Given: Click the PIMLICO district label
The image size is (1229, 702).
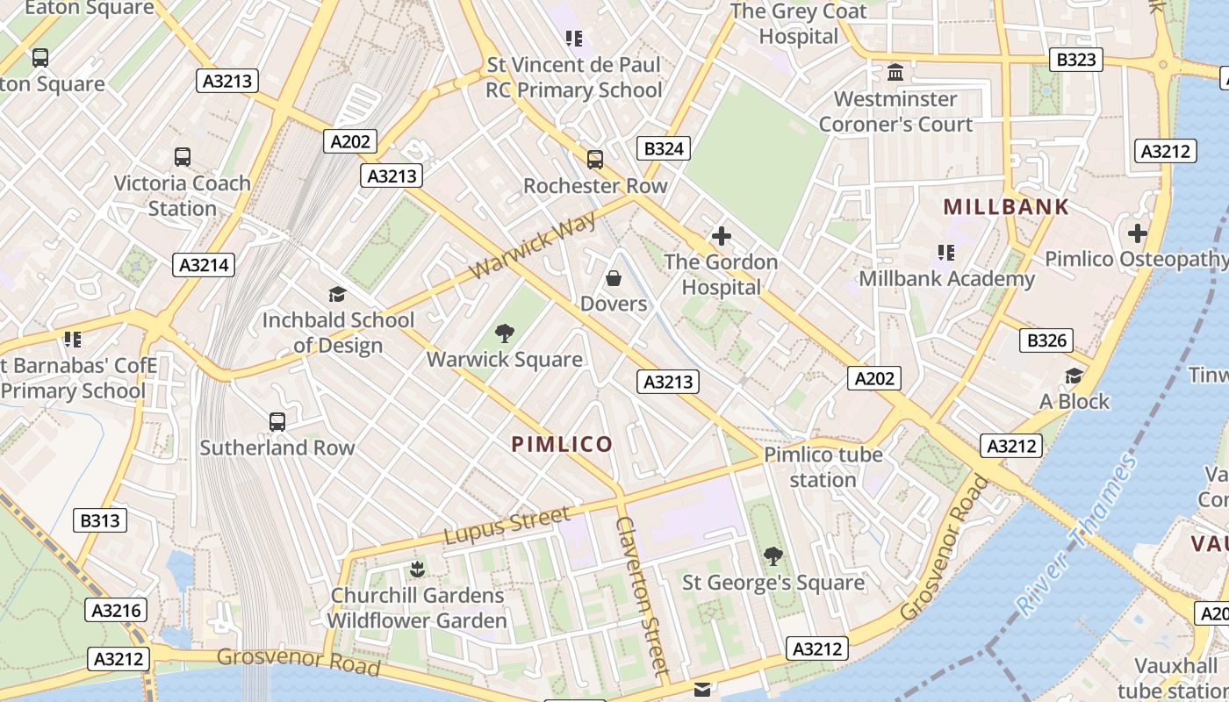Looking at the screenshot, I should click(562, 444).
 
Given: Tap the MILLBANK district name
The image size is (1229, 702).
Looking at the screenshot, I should click(1006, 207).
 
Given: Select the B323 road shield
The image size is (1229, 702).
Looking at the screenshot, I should click(1075, 59).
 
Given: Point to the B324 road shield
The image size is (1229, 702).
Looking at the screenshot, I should click(664, 148).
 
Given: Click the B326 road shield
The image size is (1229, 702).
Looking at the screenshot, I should click(1046, 340).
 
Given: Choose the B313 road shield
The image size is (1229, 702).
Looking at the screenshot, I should click(99, 520).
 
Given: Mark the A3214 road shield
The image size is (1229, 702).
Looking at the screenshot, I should click(204, 265).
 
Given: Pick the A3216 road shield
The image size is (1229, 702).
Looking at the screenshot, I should click(116, 611).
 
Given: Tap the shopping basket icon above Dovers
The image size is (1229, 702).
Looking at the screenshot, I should click(614, 279).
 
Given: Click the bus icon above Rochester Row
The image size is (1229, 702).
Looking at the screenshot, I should click(595, 160).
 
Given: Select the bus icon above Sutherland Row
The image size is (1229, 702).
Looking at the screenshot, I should click(277, 422).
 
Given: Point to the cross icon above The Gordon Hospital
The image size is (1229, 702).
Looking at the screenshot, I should click(722, 236).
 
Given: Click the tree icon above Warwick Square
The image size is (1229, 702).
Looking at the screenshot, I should click(505, 333).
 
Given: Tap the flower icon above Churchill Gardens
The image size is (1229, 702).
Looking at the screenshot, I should click(417, 569).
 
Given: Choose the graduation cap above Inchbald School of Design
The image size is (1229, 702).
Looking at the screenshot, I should click(337, 294).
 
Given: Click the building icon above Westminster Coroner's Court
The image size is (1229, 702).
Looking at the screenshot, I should click(895, 73).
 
